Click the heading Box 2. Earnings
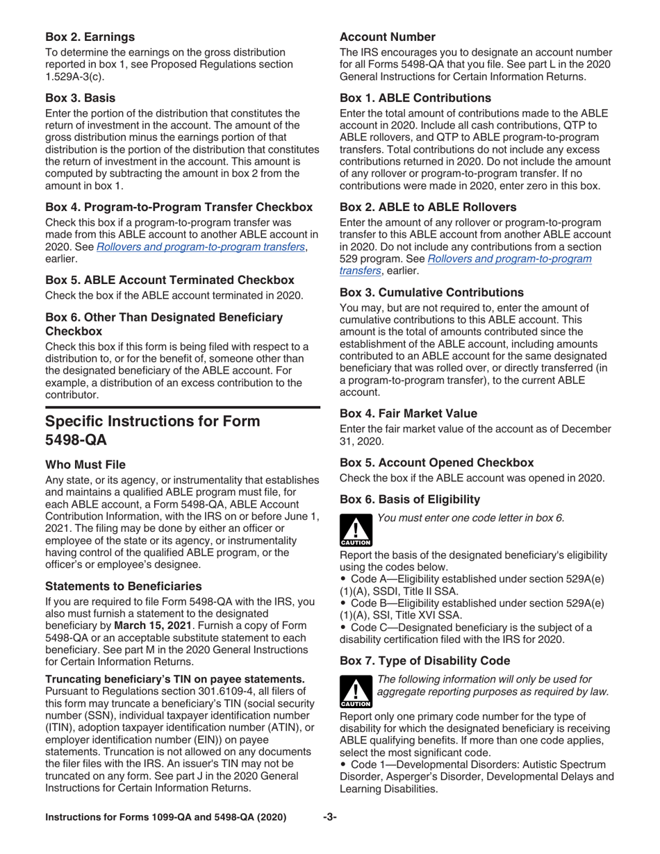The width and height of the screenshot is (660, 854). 90,36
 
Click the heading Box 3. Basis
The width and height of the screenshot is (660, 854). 81,98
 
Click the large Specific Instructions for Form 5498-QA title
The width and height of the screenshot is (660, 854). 153,430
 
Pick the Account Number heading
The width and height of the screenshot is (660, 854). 388,36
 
